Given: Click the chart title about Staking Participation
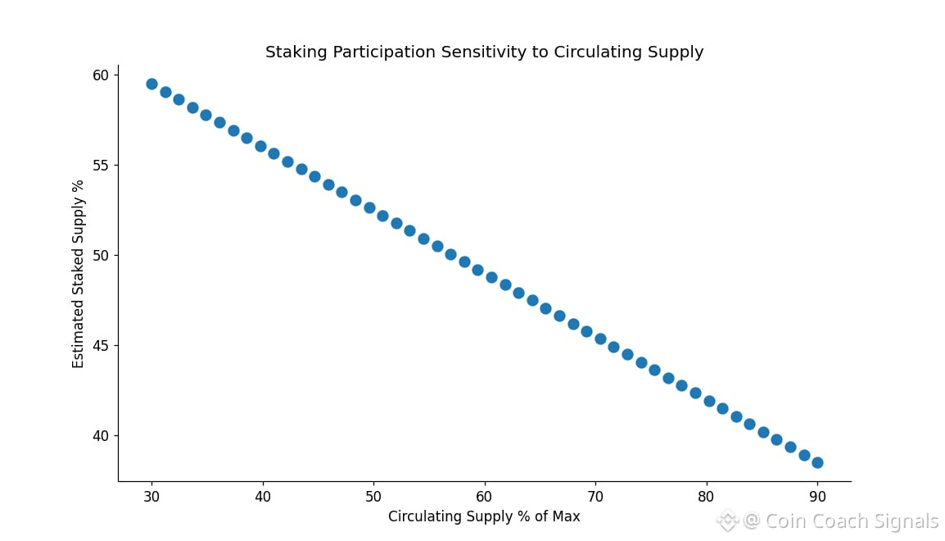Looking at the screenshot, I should point(484,52).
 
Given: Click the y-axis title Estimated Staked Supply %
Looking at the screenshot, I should point(79,274).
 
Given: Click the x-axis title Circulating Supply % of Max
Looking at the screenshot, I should point(484,516).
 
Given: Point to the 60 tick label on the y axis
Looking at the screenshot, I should point(100,75).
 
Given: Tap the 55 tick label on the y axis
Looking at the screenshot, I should point(100,166).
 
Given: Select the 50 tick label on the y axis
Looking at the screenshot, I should point(100,256).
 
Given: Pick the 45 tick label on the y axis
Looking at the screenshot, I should point(100,346).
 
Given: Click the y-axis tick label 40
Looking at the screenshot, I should point(100,436).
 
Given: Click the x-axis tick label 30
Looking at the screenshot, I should point(151,497).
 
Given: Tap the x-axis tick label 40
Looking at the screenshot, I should point(262,497).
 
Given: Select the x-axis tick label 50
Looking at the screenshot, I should point(373,497).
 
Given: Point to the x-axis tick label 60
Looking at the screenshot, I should point(484,497).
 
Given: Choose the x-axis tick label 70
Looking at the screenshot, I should point(595,497).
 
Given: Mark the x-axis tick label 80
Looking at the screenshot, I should point(706,497).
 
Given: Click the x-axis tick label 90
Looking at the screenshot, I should point(817,497).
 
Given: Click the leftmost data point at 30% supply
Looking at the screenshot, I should point(151,84).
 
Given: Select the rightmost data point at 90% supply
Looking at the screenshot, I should point(817,462).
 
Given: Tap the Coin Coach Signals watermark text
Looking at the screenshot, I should point(852,521).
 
